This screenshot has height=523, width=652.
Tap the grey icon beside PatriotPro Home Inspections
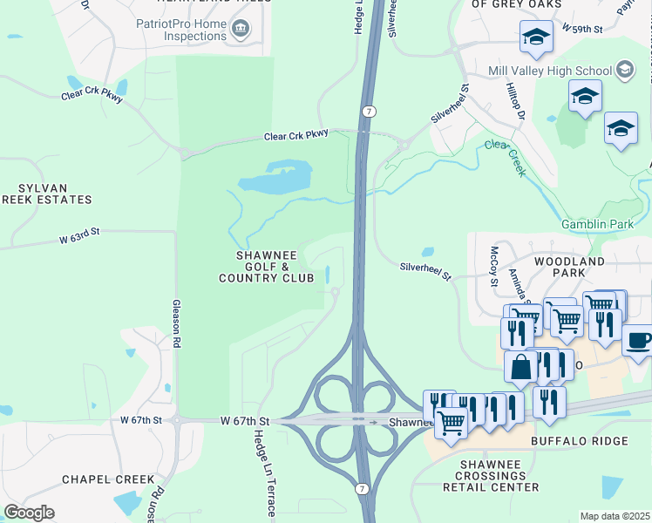(240, 31)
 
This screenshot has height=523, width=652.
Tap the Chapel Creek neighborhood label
(108, 479)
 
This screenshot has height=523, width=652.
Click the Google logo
(29, 513)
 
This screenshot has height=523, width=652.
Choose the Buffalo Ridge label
(580, 441)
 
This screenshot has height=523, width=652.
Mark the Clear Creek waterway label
(506, 158)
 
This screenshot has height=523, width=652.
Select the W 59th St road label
(582, 29)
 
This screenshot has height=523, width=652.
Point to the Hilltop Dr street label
(515, 102)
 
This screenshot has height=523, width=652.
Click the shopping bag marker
(520, 366)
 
